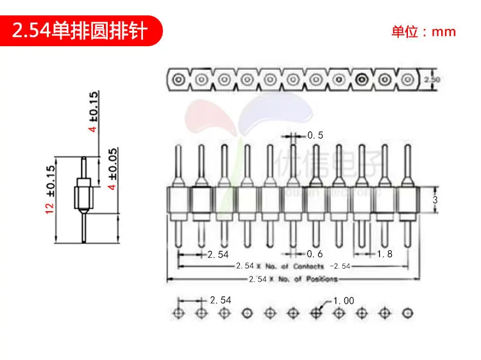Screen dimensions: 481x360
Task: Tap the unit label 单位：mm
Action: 423,31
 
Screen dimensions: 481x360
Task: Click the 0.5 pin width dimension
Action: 315,135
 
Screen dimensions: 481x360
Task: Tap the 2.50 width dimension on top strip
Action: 432,80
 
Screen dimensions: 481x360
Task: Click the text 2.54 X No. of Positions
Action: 293,279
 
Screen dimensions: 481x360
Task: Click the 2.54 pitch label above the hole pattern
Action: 220,300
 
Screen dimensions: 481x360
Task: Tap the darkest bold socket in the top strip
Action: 361,80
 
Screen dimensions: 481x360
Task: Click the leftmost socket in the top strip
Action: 178,80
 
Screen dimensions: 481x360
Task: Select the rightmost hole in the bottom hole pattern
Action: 407,313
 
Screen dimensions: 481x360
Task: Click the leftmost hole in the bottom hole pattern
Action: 178,313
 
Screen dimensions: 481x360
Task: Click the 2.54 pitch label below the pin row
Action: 217,254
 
